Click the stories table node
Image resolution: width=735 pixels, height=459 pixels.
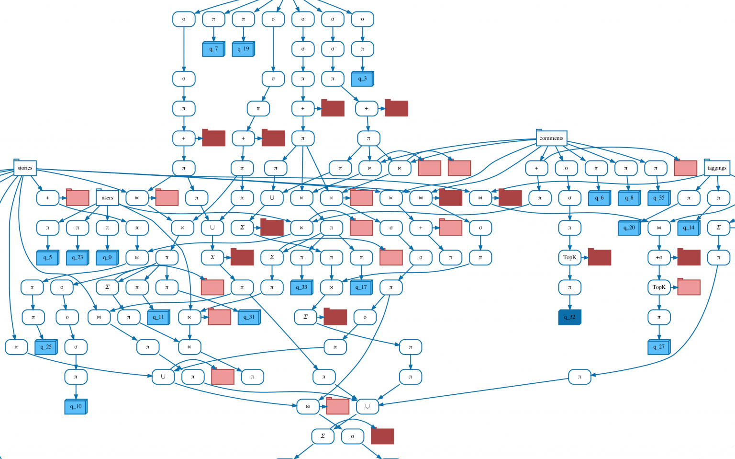pos(25,168)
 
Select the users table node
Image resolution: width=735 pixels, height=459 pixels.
pos(107,198)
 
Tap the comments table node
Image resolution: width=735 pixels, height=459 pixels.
pos(551,138)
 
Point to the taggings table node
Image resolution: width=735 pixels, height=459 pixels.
pos(716,168)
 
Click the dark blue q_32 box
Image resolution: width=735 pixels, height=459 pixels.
pos(569,317)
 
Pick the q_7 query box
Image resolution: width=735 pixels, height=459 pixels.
pos(213,49)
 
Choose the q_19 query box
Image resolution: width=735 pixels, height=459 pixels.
pos(243,49)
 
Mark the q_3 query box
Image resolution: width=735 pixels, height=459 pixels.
pos(362,79)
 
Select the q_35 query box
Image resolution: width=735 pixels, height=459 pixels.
pos(658,198)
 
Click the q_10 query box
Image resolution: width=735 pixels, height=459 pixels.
pos(76,407)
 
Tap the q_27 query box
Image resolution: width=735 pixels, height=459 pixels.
pos(658,347)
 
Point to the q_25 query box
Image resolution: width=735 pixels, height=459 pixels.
pos(46,347)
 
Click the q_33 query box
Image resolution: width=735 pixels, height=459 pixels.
pos(301,287)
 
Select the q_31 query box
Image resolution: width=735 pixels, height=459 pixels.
pos(249,317)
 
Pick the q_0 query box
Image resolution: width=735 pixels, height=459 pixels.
pos(107,258)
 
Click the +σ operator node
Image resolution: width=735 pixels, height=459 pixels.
pos(659,258)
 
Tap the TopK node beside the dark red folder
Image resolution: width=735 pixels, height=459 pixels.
pos(569,258)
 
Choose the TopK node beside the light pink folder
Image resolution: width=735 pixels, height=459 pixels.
pos(659,287)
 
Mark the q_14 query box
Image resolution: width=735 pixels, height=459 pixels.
pos(689,228)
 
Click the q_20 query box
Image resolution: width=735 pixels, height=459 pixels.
pos(629,228)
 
